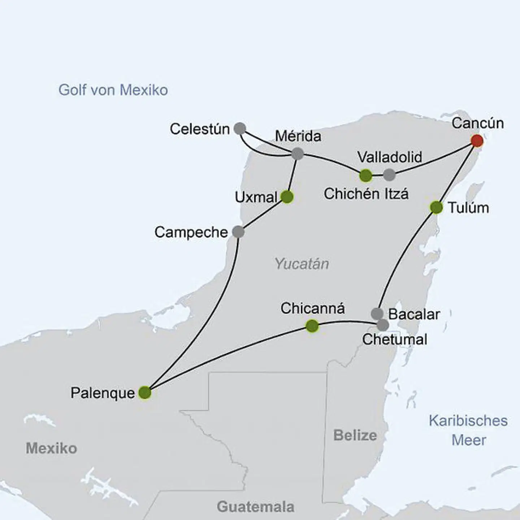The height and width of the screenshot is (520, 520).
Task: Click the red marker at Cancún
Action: pos(477,141)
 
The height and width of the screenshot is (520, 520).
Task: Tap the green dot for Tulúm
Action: pos(436,208)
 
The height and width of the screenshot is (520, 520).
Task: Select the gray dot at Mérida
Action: pos(297,154)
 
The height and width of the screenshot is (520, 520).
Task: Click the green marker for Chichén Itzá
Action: pos(366,175)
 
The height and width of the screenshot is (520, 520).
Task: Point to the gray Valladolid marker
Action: pos(389,175)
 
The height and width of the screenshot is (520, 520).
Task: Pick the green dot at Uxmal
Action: pos(287,197)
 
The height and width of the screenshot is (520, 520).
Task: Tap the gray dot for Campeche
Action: pos(238,232)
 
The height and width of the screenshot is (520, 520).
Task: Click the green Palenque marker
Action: pos(145,393)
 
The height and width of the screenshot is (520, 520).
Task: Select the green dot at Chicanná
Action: pos(312,326)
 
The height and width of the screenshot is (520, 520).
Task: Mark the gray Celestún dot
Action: pos(240,129)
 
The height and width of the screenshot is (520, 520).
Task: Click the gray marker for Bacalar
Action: pos(377,313)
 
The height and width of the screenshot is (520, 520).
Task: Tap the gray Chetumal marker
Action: pos(383,325)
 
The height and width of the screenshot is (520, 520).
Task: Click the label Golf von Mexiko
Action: pos(113,90)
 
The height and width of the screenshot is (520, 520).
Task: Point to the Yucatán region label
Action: pos(302,264)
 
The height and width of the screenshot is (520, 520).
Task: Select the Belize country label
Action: pos(355,435)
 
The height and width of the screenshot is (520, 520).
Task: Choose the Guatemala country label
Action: pos(255,507)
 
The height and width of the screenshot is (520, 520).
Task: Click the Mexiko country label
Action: pos(51,448)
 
